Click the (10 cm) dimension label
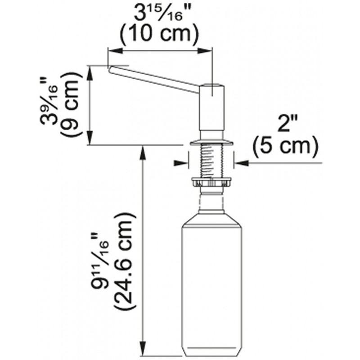[159, 34]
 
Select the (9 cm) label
[71, 104]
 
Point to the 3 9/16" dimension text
[49, 102]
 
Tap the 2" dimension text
[288, 123]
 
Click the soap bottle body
[211, 287]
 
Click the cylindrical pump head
[211, 108]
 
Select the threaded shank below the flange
[211, 161]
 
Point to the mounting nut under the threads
[211, 182]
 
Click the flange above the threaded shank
[211, 142]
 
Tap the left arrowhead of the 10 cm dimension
[115, 51]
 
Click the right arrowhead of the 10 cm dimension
[205, 51]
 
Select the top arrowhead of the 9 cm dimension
[90, 73]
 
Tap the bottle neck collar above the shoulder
[211, 211]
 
